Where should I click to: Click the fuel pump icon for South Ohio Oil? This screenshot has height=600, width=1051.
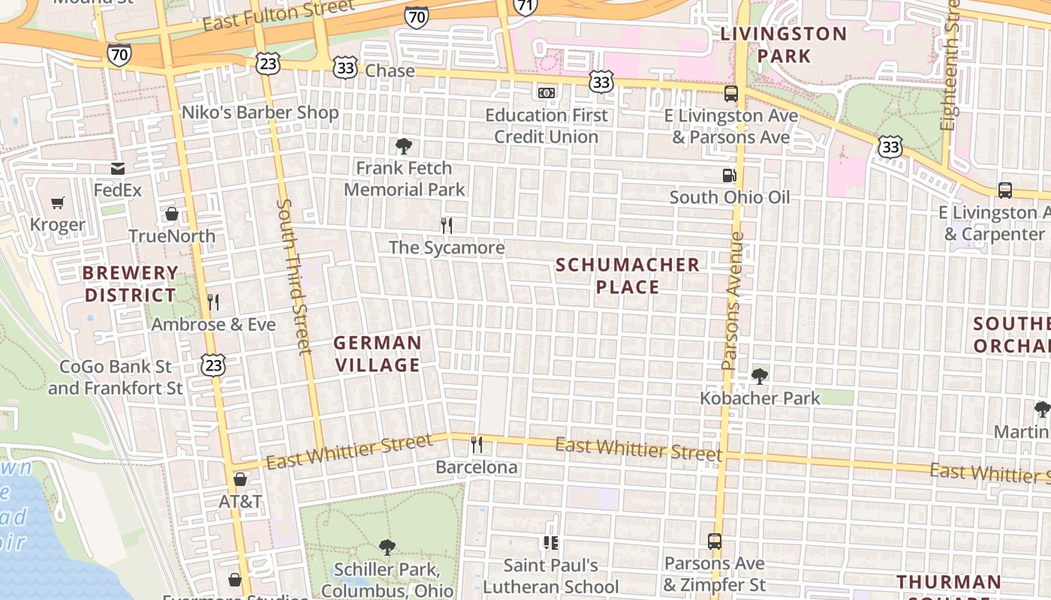[x=729, y=175]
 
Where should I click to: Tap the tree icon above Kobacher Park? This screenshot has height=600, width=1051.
[x=760, y=376]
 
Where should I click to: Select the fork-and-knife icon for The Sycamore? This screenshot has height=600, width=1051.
[x=447, y=225]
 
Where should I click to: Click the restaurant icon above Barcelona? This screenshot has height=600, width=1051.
[x=477, y=445]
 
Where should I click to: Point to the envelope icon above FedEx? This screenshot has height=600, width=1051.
[x=118, y=168]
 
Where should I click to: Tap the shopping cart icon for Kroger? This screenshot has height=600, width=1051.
[x=58, y=202]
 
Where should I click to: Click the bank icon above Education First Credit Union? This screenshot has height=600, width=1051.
[x=547, y=93]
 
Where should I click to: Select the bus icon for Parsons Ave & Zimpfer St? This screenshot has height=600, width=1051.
[x=715, y=541]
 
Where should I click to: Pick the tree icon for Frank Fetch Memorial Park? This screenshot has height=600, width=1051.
[x=404, y=145]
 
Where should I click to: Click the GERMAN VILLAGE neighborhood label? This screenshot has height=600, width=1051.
[x=377, y=354]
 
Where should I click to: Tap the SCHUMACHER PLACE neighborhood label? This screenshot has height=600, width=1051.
[x=628, y=276]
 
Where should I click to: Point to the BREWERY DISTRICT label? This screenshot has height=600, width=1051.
[x=131, y=284]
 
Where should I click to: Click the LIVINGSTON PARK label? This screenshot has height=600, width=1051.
[x=784, y=45]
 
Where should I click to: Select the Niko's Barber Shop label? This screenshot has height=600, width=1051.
[x=260, y=112]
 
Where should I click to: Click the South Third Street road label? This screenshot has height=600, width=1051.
[x=293, y=276]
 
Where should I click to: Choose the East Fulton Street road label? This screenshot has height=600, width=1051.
[x=278, y=16]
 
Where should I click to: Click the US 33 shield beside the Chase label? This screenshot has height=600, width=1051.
[x=345, y=69]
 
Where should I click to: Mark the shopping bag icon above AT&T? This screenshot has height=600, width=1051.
[x=240, y=478]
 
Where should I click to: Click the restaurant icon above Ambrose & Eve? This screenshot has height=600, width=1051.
[x=213, y=302]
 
